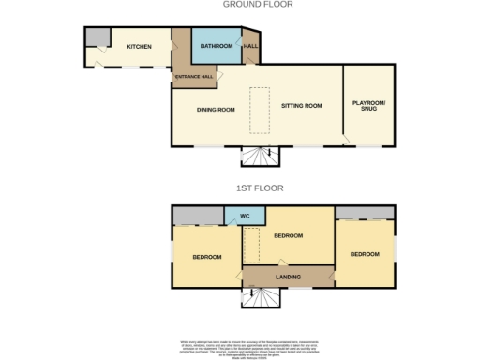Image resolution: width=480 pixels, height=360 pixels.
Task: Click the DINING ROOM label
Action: tap(215, 109)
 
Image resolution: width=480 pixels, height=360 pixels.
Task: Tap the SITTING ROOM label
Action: tap(301, 106)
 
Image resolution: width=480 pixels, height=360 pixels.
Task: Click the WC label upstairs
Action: tap(244, 216)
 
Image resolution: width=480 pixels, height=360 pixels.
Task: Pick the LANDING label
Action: tap(288, 277)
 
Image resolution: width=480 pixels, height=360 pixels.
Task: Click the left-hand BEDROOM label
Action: tap(206, 257)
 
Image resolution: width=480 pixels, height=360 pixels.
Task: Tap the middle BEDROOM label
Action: tap(289, 235)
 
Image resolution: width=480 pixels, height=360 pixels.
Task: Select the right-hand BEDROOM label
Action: tap(365, 254)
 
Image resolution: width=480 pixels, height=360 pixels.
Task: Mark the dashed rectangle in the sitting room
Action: tap(259, 104)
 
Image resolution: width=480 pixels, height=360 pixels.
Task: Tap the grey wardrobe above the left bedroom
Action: tap(197, 216)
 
